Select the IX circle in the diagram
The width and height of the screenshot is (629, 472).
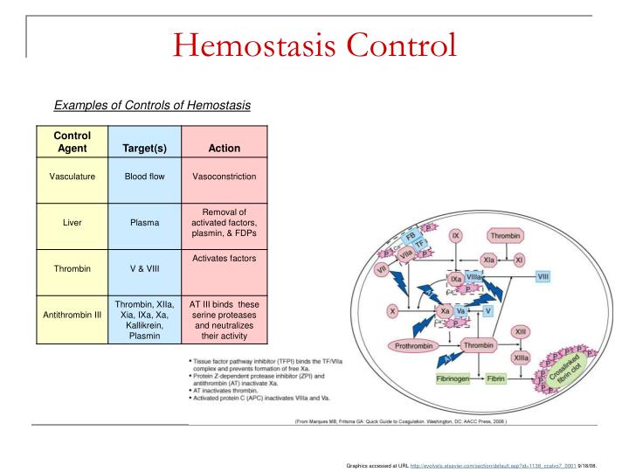pos(455,237)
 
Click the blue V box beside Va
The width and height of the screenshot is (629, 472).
pos(488,310)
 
